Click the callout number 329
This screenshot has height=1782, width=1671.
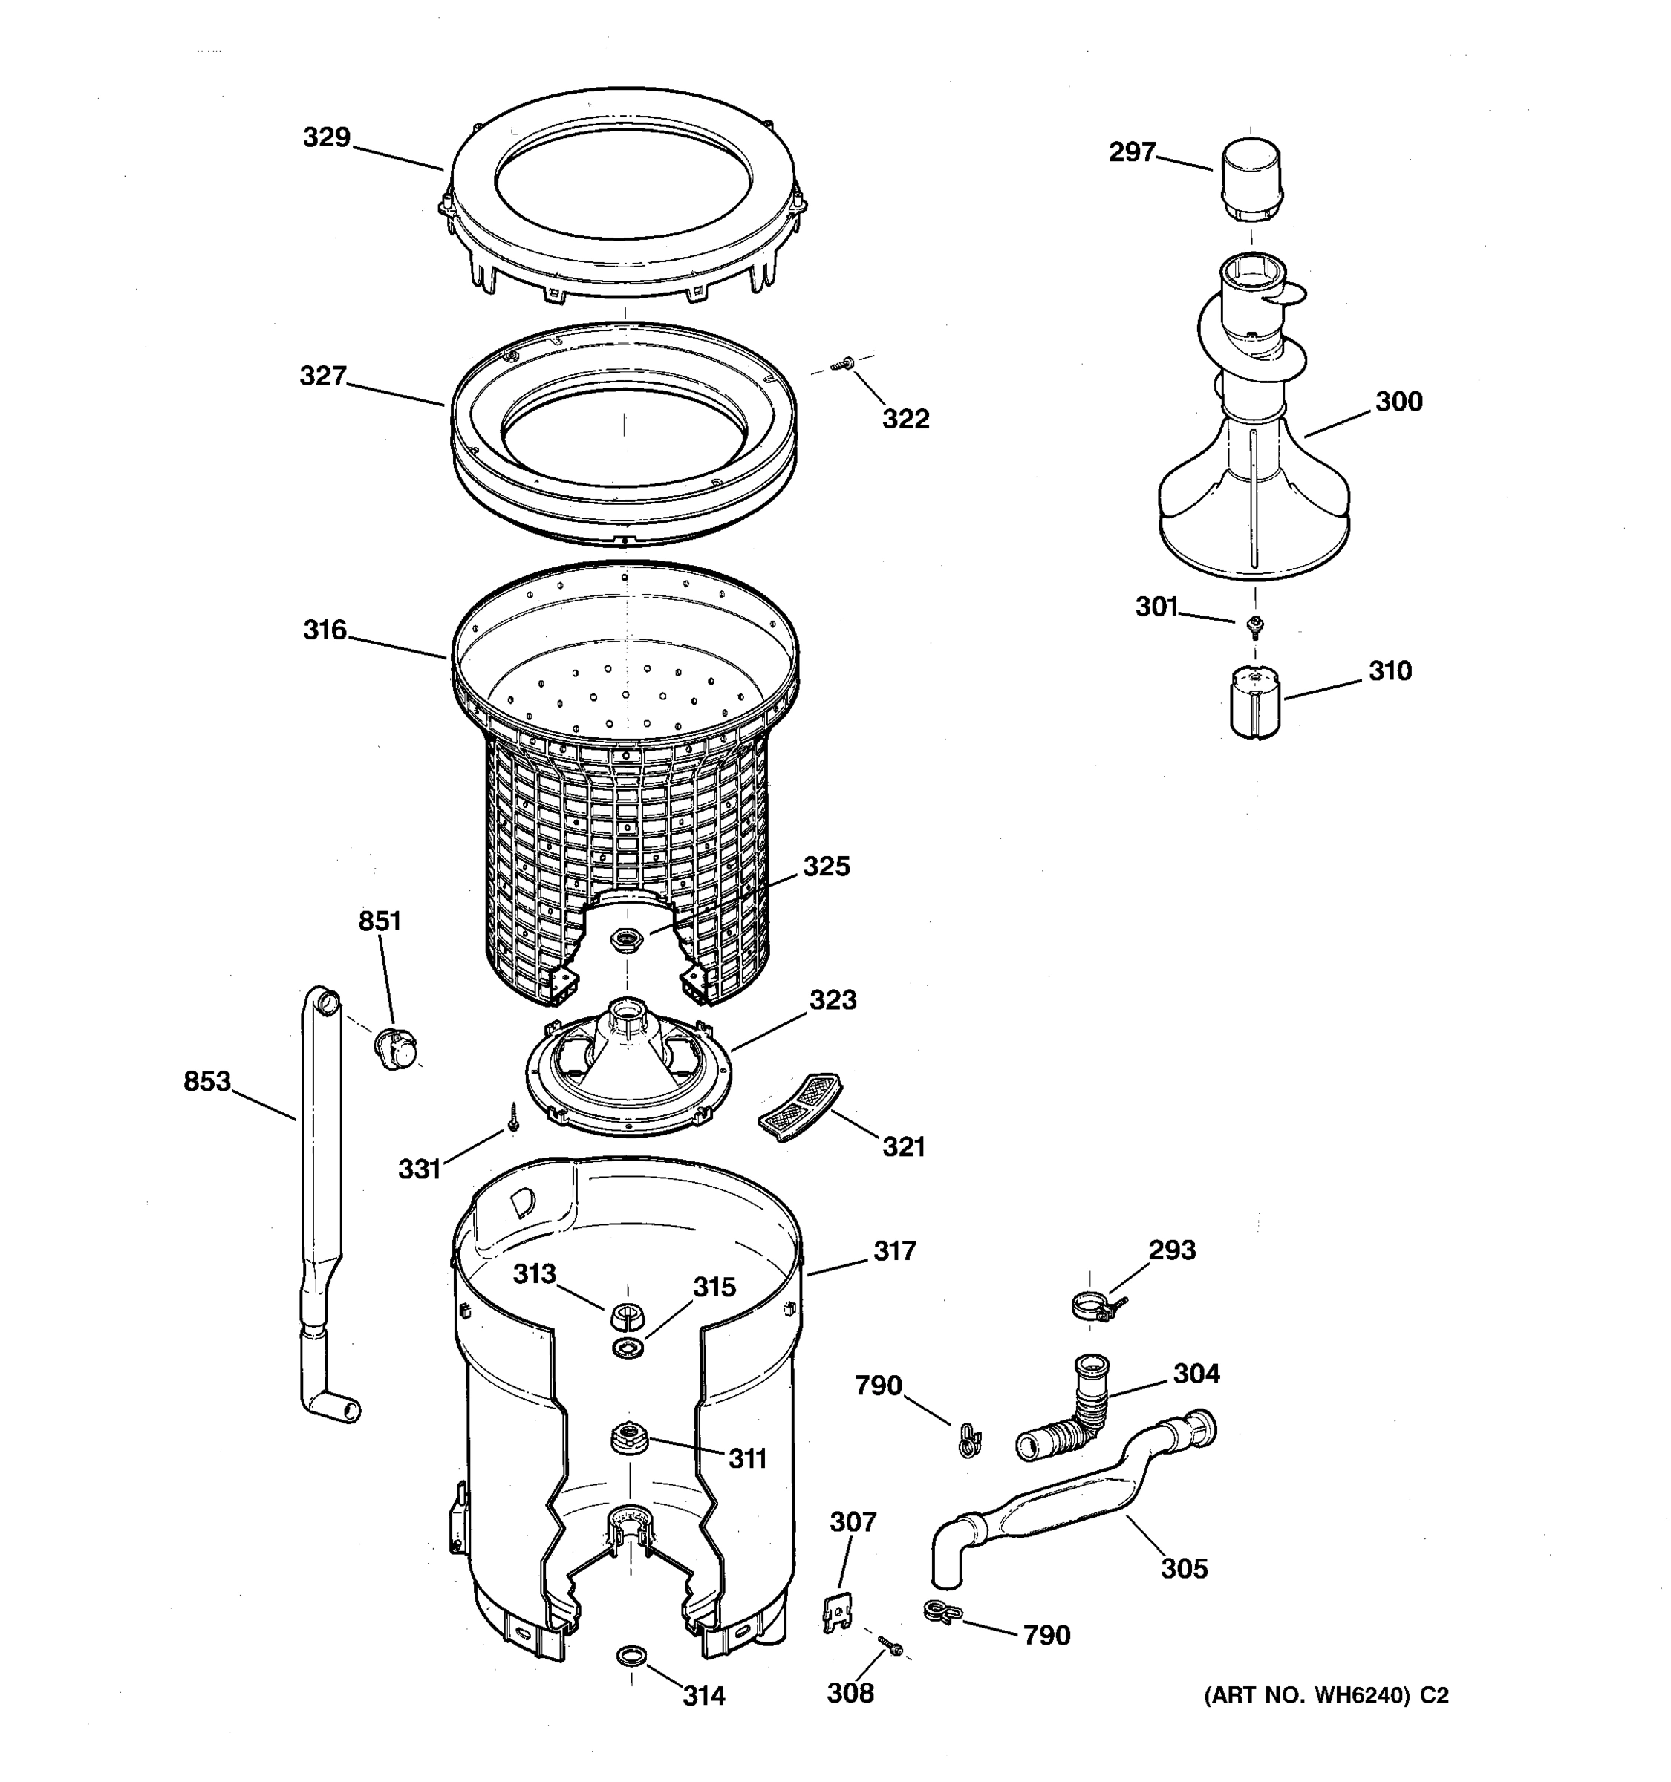click(x=325, y=138)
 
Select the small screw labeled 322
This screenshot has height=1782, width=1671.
click(x=844, y=363)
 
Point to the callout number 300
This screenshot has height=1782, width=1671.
click(x=1398, y=402)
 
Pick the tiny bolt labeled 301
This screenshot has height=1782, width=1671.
click(x=1254, y=624)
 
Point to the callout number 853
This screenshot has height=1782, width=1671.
click(x=207, y=1082)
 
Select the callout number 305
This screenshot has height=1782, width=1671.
click(x=1183, y=1569)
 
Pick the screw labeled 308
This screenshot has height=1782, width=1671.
click(x=890, y=1644)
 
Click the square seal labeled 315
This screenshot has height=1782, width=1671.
click(x=628, y=1346)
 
